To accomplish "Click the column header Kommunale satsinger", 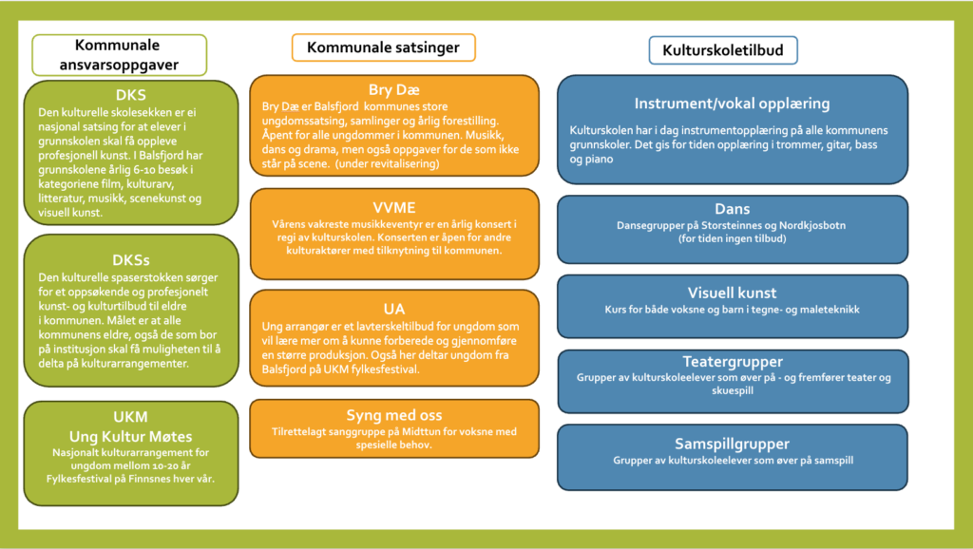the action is pos(384,47).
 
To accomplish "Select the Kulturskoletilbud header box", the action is pos(723,50).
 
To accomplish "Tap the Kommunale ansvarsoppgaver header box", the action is pos(119,55).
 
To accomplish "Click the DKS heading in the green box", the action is pos(131,95).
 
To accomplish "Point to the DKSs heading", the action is pos(131,260).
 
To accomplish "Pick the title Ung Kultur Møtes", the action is pos(131,437).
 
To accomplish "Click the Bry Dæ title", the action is pos(394,90).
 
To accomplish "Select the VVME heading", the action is pos(394,208).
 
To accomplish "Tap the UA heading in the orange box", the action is pos(394,309).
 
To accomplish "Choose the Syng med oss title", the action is pos(394,415).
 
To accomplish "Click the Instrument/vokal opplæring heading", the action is pos(733,104).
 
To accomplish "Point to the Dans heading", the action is pos(733,209).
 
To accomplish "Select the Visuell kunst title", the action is pos(733,293).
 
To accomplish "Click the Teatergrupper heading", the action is pos(733,362).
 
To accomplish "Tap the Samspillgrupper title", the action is pos(733,445).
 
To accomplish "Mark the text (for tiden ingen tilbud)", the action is pos(733,238).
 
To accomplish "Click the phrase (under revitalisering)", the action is pos(388,163).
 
